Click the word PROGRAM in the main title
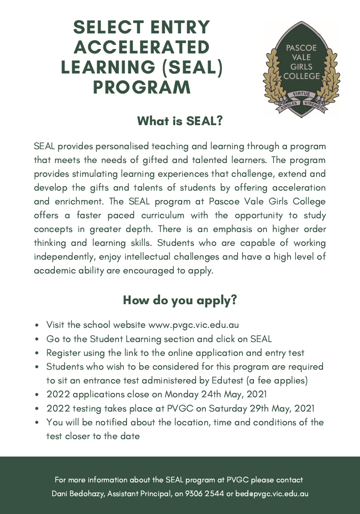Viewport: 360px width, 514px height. coord(142,87)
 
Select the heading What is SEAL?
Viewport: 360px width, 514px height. coord(180,121)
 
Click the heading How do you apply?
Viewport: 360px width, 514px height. coord(180,300)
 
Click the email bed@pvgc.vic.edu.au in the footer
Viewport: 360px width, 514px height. coord(272,494)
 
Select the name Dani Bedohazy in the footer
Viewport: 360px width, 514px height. coord(78,494)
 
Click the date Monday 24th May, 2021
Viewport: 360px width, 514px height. coord(216,394)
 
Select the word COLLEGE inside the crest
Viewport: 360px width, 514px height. coord(301,76)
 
